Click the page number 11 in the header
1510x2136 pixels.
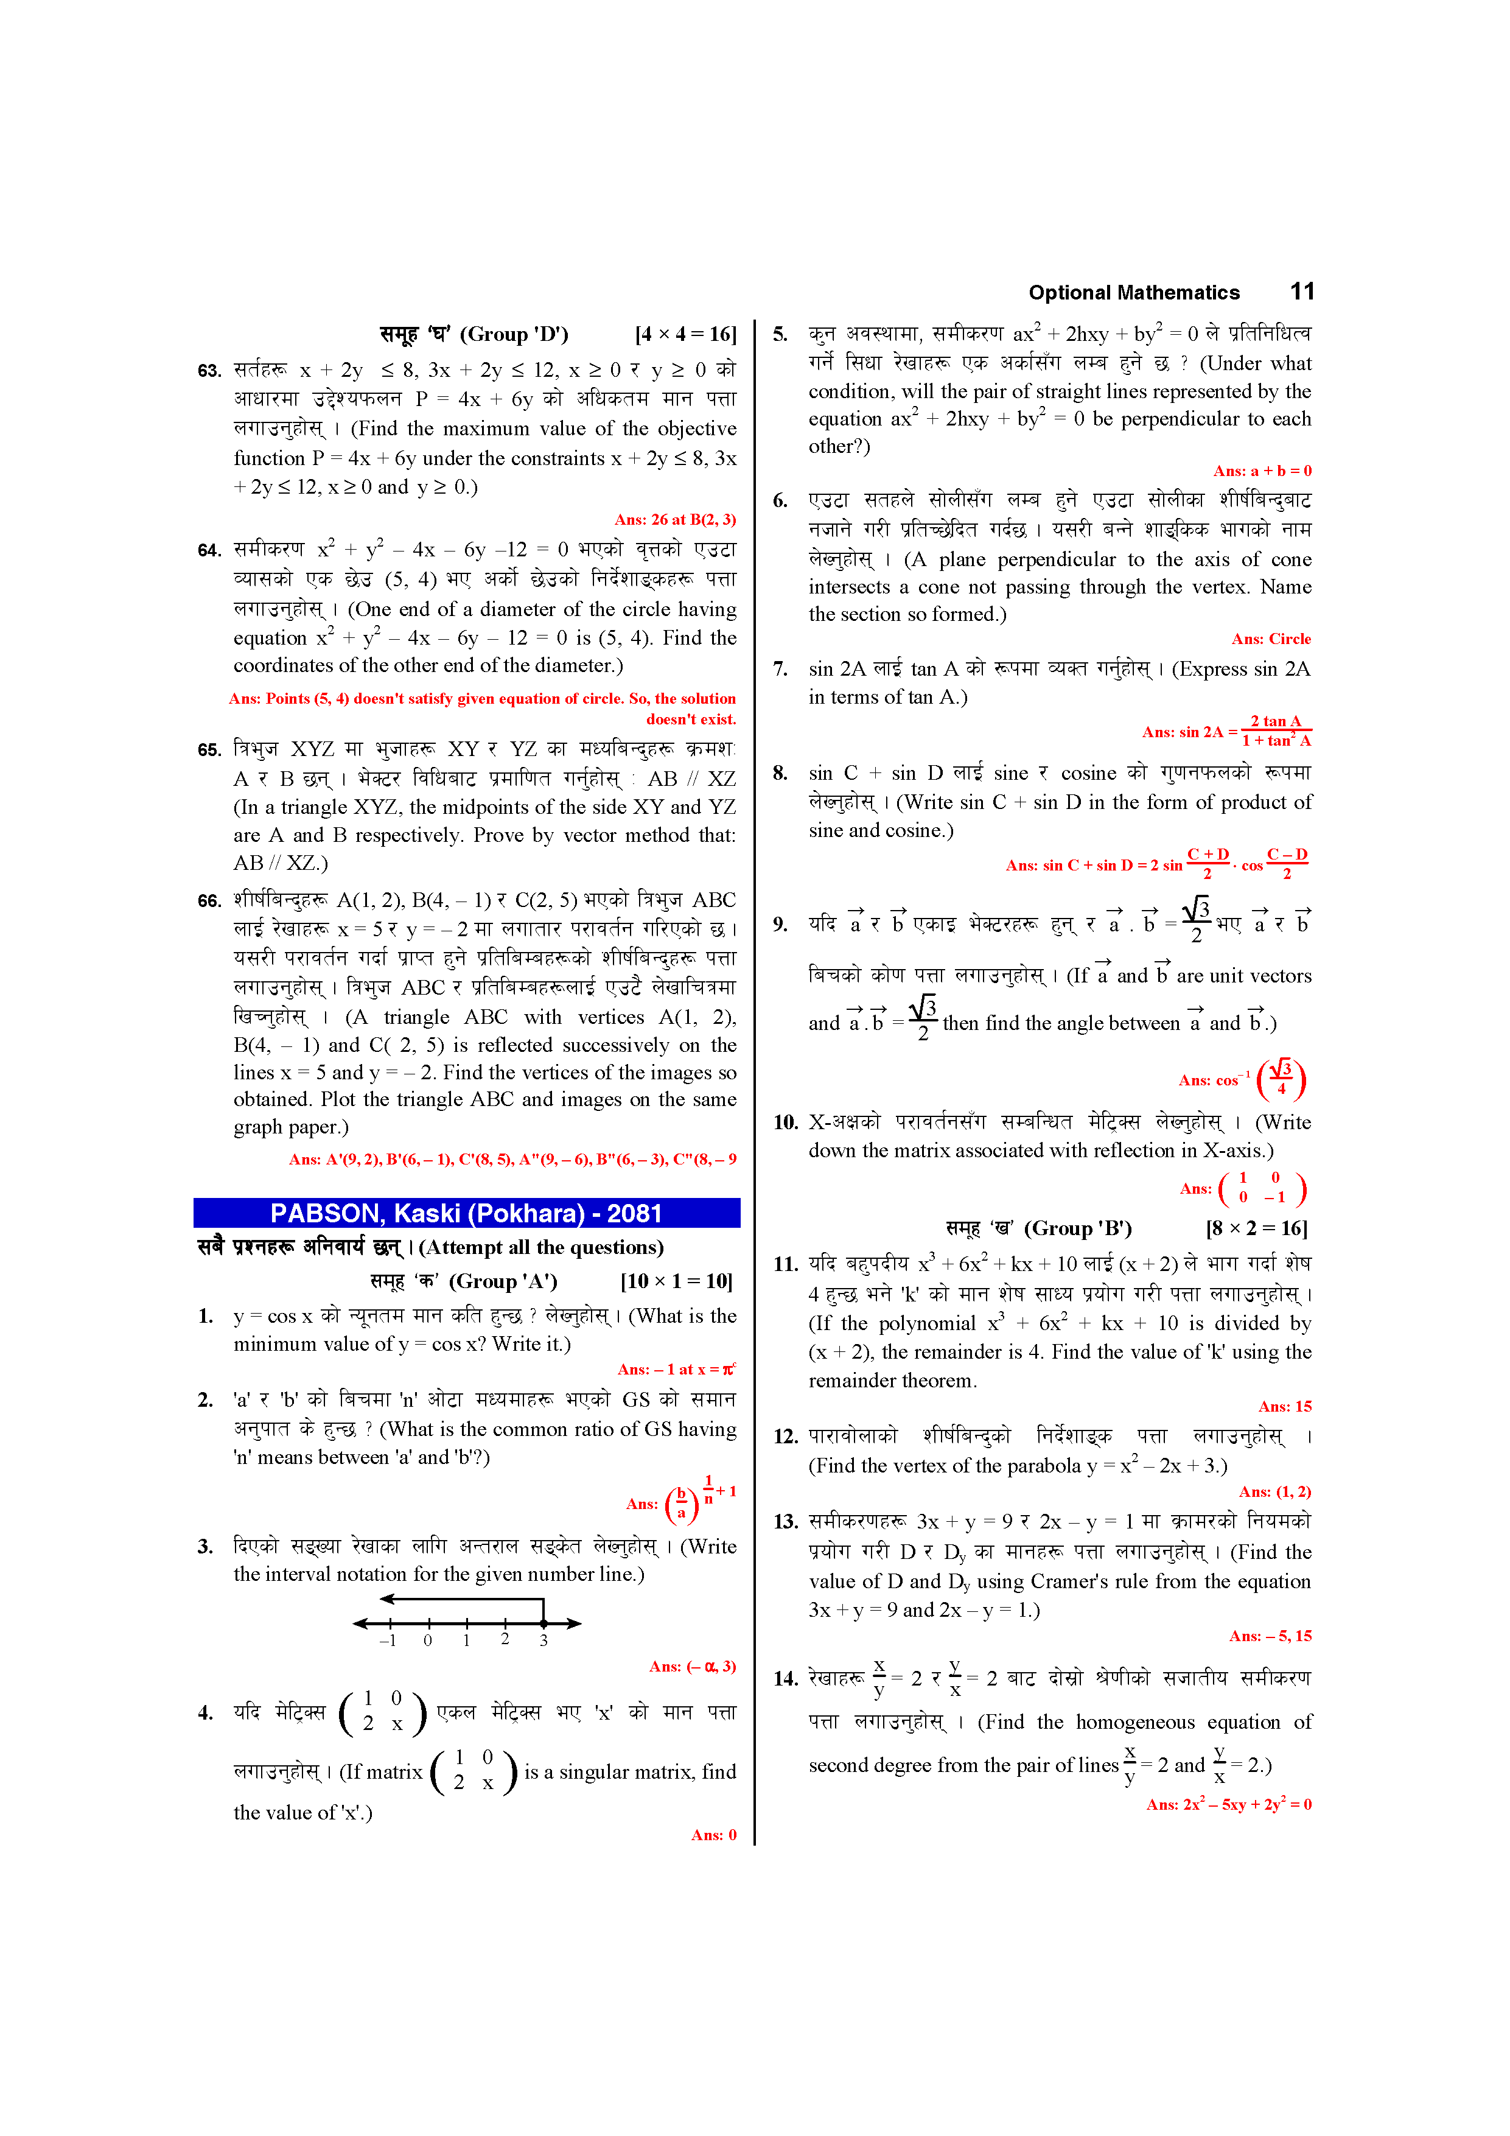1302,292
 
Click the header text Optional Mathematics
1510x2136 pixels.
1133,293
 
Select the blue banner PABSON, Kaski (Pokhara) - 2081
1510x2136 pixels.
466,1213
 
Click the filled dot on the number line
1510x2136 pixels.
544,1623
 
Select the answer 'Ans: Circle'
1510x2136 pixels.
1270,639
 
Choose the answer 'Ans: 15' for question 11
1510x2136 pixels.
1284,1407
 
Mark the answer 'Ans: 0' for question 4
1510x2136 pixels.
713,1835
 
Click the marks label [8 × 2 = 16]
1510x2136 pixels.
1256,1228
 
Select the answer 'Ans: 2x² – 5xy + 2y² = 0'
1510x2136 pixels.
1228,1805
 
